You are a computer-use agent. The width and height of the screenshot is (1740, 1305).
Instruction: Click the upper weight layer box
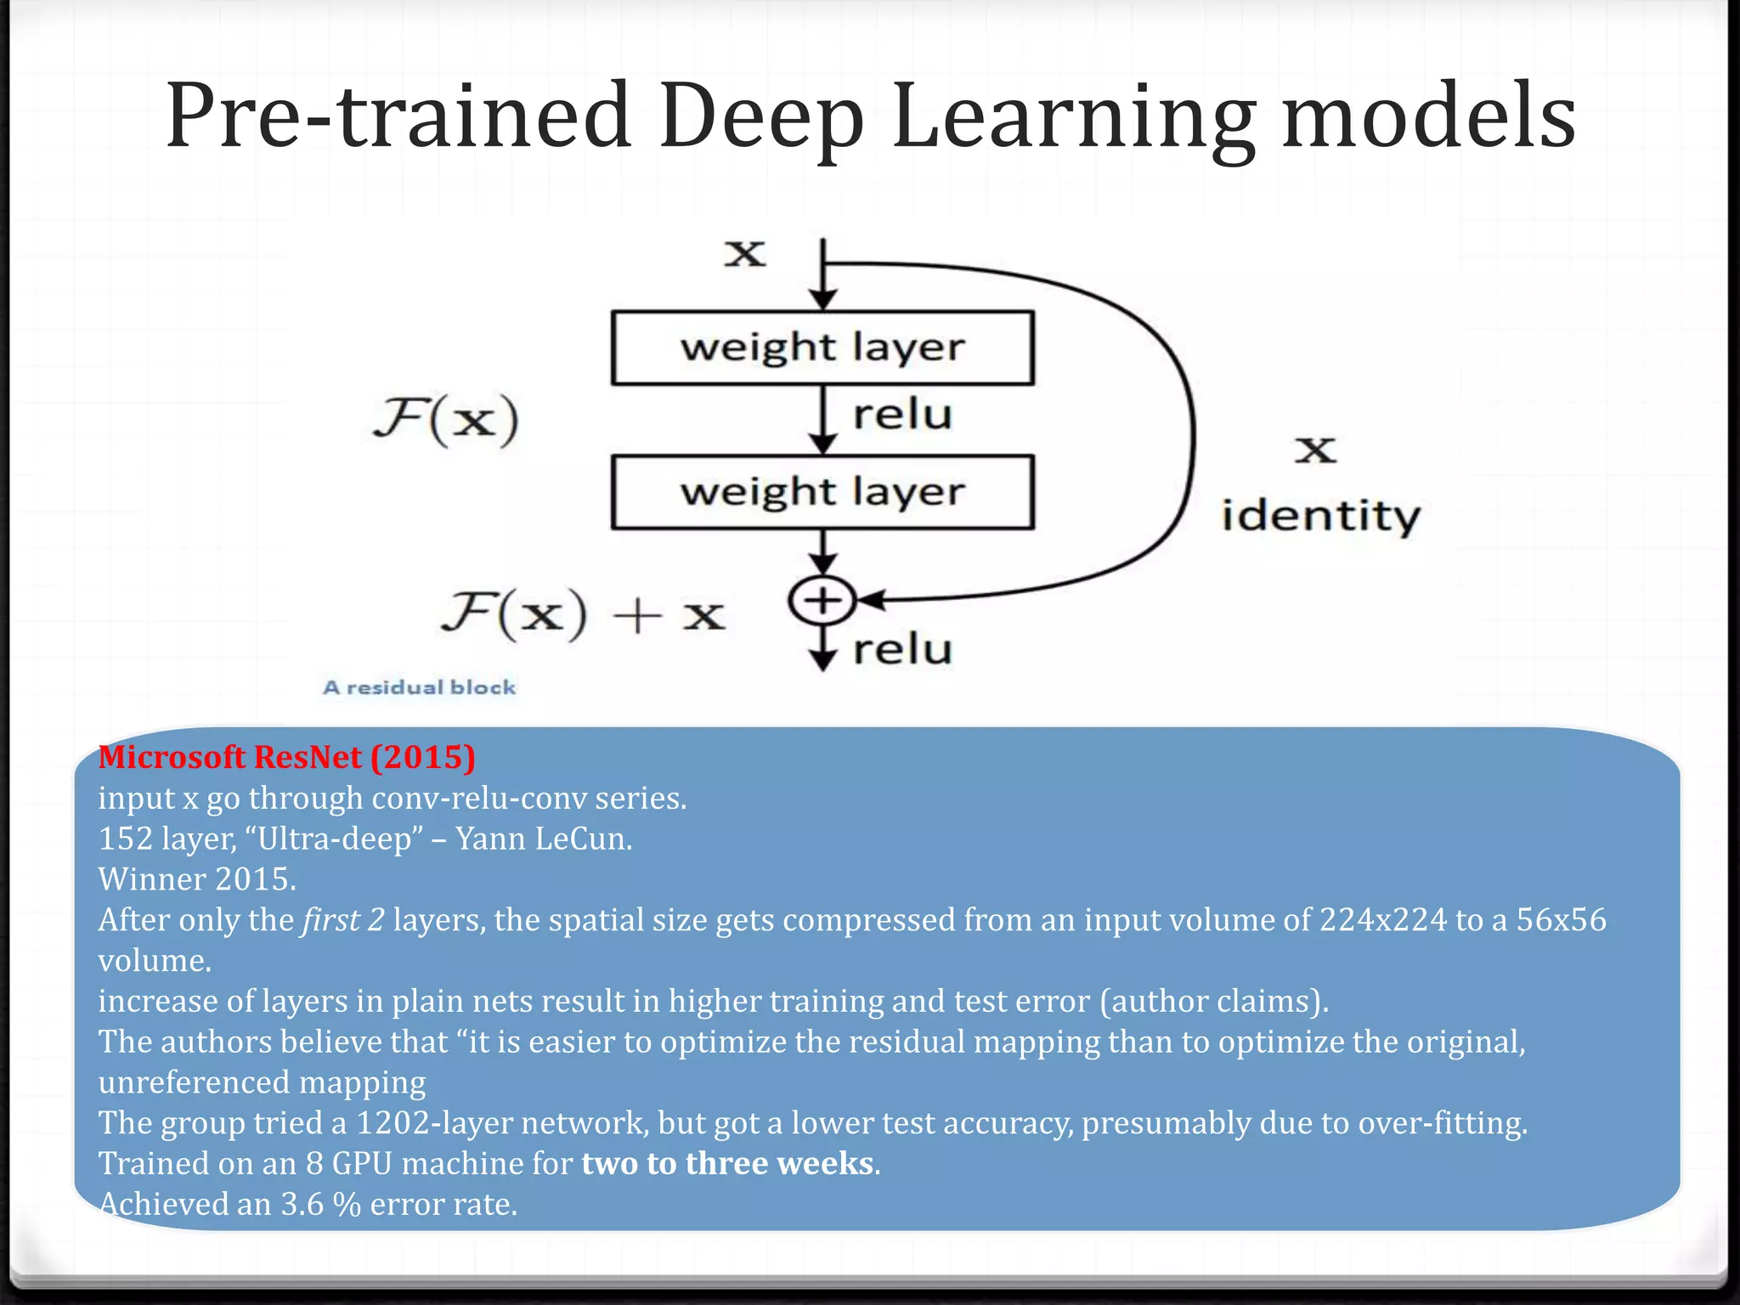pos(822,347)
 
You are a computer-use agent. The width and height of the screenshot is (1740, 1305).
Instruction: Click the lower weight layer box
pos(822,492)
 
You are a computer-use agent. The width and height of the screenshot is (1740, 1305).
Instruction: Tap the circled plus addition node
pos(822,601)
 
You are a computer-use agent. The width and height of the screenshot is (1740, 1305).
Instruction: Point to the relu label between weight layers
pos(902,415)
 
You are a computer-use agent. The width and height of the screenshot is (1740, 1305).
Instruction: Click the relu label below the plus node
pos(902,650)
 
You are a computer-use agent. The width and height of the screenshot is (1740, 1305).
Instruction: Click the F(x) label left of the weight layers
pos(446,419)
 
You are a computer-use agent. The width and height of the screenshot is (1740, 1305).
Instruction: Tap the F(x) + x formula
pos(583,614)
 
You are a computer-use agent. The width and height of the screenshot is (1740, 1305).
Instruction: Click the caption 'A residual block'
pos(419,687)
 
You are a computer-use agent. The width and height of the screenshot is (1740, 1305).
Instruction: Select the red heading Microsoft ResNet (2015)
pos(286,757)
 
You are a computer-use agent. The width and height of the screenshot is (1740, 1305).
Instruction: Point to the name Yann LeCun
pos(544,839)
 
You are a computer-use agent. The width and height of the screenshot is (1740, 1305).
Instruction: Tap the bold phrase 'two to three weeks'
pos(727,1163)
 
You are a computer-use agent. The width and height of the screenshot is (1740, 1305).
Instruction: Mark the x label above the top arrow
pos(745,253)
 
